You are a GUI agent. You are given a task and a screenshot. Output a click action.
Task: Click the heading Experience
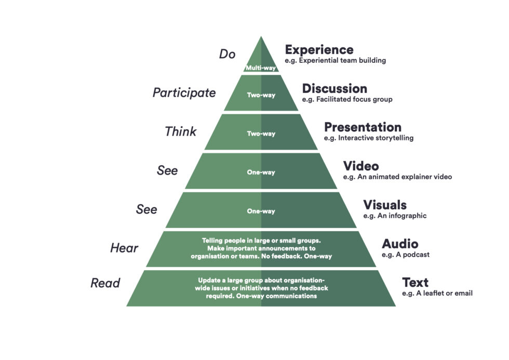pyautogui.click(x=319, y=50)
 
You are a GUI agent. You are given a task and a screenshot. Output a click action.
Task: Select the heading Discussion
pyautogui.click(x=334, y=89)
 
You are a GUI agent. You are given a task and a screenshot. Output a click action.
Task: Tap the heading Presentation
pyautogui.click(x=363, y=127)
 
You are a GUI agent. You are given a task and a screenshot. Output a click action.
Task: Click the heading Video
pyautogui.click(x=360, y=166)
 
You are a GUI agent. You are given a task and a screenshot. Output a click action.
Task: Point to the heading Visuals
pyautogui.click(x=384, y=205)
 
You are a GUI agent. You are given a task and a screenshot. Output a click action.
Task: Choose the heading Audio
pyautogui.click(x=400, y=244)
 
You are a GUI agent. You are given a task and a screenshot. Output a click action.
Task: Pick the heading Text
pyautogui.click(x=415, y=283)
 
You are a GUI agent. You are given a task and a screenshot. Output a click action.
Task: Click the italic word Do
pyautogui.click(x=227, y=54)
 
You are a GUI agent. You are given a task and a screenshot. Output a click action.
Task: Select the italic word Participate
pyautogui.click(x=184, y=93)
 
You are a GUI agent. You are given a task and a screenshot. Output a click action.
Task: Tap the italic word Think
pyautogui.click(x=180, y=132)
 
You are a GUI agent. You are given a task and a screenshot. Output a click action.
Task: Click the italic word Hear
pyautogui.click(x=124, y=248)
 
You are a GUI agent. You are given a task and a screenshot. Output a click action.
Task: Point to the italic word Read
pyautogui.click(x=105, y=283)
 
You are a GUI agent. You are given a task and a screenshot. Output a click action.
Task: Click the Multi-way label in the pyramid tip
pyautogui.click(x=261, y=68)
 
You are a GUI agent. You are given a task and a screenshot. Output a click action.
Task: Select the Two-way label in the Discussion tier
pyautogui.click(x=261, y=95)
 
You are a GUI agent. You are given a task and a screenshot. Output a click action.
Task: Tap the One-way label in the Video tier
pyautogui.click(x=261, y=172)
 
